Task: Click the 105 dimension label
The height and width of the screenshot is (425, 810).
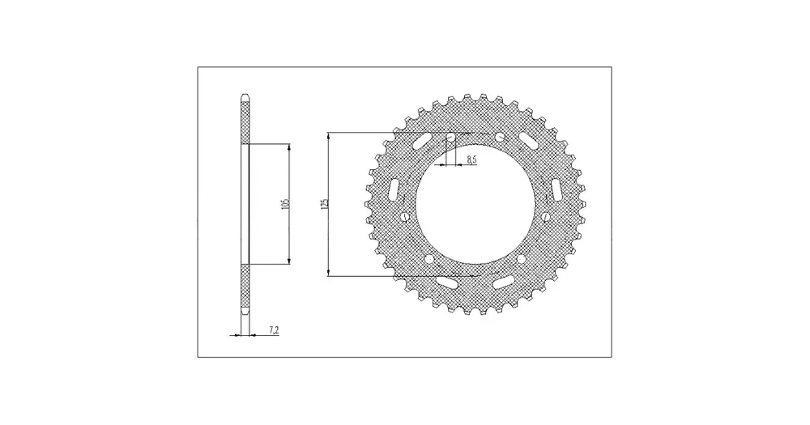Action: click(286, 203)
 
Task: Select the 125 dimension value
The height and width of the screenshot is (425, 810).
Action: click(325, 203)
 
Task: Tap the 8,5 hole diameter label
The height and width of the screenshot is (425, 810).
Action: click(471, 159)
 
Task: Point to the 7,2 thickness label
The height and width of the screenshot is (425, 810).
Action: click(274, 329)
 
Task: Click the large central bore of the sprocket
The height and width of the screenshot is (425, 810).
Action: click(475, 205)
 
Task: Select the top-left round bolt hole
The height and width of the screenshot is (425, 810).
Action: click(450, 138)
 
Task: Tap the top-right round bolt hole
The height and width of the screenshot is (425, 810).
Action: click(500, 138)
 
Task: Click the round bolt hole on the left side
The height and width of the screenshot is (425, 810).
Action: click(405, 216)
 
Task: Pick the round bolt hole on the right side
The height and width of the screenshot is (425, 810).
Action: click(545, 216)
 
